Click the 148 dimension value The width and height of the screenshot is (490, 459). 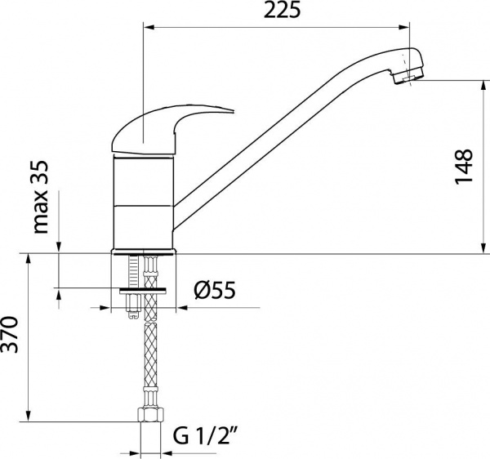click(463, 167)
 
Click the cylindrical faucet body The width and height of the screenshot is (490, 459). click(144, 200)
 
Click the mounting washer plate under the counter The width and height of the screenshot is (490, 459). click(144, 289)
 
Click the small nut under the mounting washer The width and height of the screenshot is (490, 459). click(133, 310)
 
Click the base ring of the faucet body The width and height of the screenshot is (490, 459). click(144, 248)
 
